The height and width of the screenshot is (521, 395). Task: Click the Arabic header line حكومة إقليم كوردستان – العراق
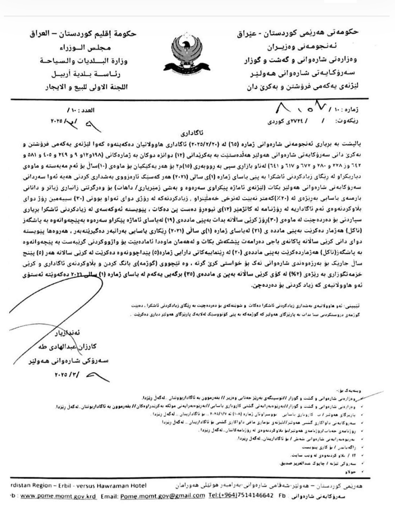(x=83, y=34)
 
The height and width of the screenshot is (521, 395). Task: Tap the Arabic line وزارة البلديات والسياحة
(x=84, y=61)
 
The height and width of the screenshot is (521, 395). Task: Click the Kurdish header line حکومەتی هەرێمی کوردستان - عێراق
(x=298, y=33)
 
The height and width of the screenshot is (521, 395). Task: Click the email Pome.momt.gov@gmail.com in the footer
(x=162, y=496)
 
